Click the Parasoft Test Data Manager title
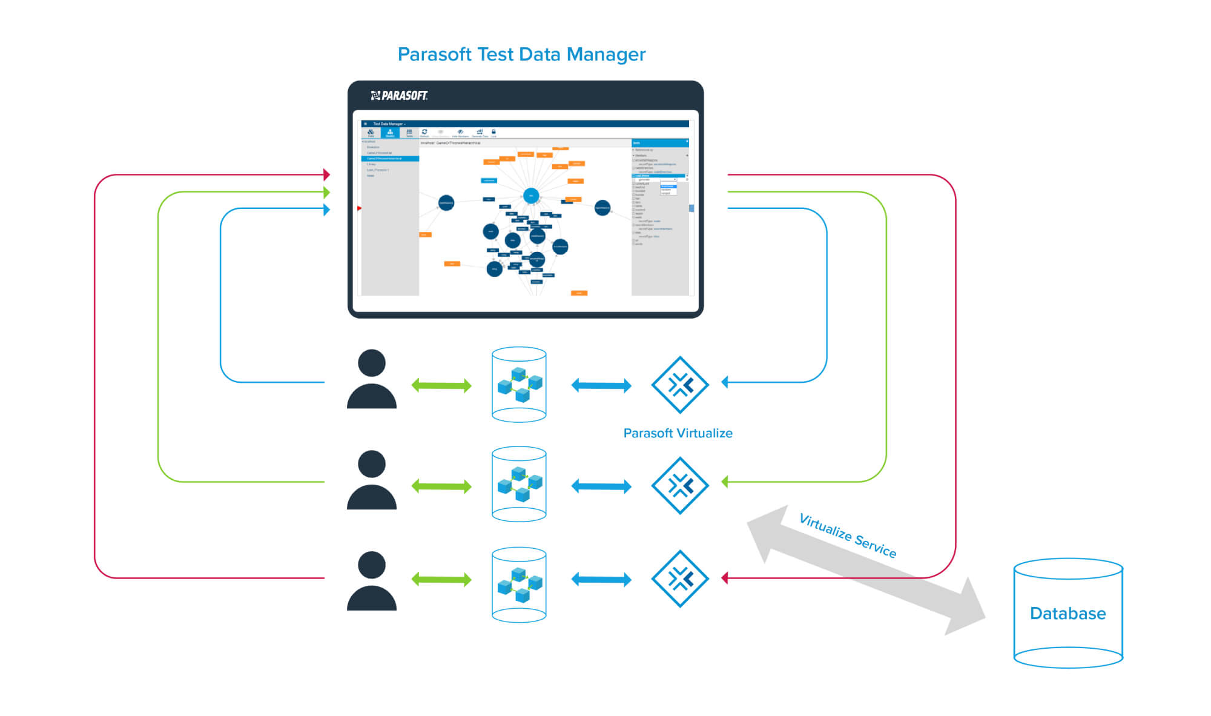521,55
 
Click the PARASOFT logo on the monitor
399,96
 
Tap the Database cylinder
1068,613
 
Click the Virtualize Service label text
847,535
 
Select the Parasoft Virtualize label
678,433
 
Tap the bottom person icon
371,581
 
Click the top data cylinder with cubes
519,384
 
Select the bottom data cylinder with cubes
519,585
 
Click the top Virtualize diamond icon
680,385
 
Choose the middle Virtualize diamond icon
680,485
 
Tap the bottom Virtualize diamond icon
680,578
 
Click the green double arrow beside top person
441,385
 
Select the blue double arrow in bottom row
601,580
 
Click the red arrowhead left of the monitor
326,174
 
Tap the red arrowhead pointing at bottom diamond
725,578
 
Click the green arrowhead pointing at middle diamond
725,482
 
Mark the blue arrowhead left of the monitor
326,210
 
